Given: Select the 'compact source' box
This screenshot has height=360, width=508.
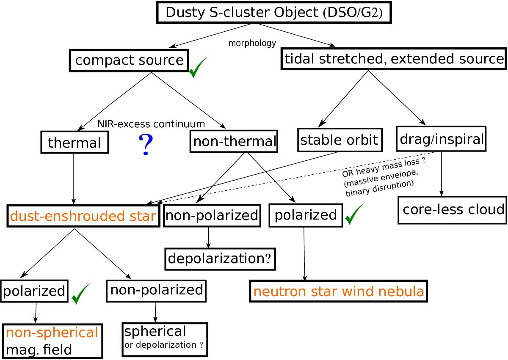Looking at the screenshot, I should click(x=129, y=60).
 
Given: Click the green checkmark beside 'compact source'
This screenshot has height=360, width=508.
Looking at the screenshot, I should click(x=198, y=68).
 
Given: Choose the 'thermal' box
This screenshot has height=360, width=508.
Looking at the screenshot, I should click(x=74, y=142).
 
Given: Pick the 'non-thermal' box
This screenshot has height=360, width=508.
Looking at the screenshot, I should click(x=234, y=141).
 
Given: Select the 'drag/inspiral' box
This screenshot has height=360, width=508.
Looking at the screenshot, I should click(x=441, y=138).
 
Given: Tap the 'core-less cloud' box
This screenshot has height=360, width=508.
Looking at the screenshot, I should click(x=452, y=209).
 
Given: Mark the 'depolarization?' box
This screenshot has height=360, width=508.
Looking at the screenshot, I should click(x=220, y=258).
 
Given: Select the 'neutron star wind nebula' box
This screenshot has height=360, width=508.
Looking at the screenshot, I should click(x=338, y=291).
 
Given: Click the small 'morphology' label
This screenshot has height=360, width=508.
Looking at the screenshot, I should click(x=252, y=43).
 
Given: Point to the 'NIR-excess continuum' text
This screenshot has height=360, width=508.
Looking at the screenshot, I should click(x=151, y=124).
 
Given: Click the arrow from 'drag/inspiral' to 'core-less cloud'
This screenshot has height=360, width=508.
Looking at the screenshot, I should click(x=442, y=173).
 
